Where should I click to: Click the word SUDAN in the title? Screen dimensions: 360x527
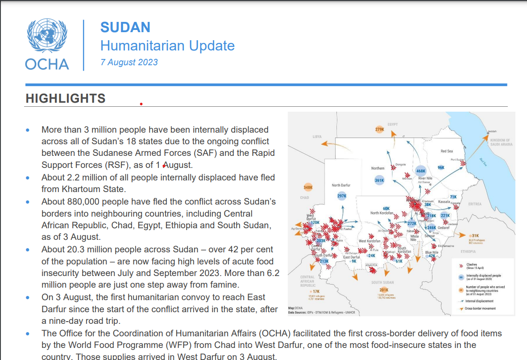[125, 27]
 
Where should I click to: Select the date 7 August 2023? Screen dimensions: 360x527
[129, 63]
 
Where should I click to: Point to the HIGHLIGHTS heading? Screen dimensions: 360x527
[66, 98]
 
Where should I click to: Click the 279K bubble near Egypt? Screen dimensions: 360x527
[380, 130]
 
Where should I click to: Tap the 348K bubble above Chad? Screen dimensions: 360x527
[308, 188]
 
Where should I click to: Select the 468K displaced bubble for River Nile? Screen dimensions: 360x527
[420, 171]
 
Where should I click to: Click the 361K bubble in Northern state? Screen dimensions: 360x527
[379, 180]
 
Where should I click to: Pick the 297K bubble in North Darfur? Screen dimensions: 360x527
[342, 196]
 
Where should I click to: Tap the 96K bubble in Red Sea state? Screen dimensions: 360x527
[441, 167]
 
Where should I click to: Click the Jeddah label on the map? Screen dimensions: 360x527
[492, 131]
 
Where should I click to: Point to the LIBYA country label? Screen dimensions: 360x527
[317, 136]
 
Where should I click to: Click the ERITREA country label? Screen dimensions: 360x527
[475, 204]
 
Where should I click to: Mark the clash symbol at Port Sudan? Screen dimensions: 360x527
[463, 163]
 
